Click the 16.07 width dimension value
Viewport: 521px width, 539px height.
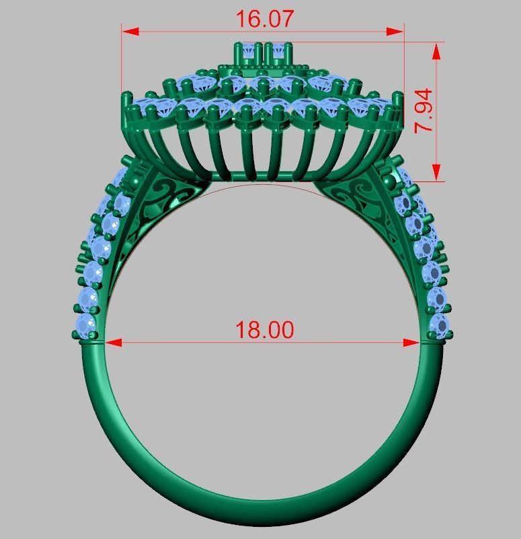pyautogui.click(x=264, y=19)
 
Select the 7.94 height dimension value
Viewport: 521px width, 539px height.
pyautogui.click(x=424, y=110)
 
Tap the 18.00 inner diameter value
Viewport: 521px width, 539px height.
pyautogui.click(x=264, y=330)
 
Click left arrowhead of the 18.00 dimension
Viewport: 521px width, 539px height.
pyautogui.click(x=113, y=342)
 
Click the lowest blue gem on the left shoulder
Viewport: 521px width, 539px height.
pyautogui.click(x=86, y=327)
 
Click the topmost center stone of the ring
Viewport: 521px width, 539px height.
pyautogui.click(x=263, y=51)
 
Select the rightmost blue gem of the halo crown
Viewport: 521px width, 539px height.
pyautogui.click(x=381, y=108)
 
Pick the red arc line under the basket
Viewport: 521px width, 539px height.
pyautogui.click(x=262, y=183)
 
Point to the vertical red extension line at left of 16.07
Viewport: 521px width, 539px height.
pyautogui.click(x=122, y=60)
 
